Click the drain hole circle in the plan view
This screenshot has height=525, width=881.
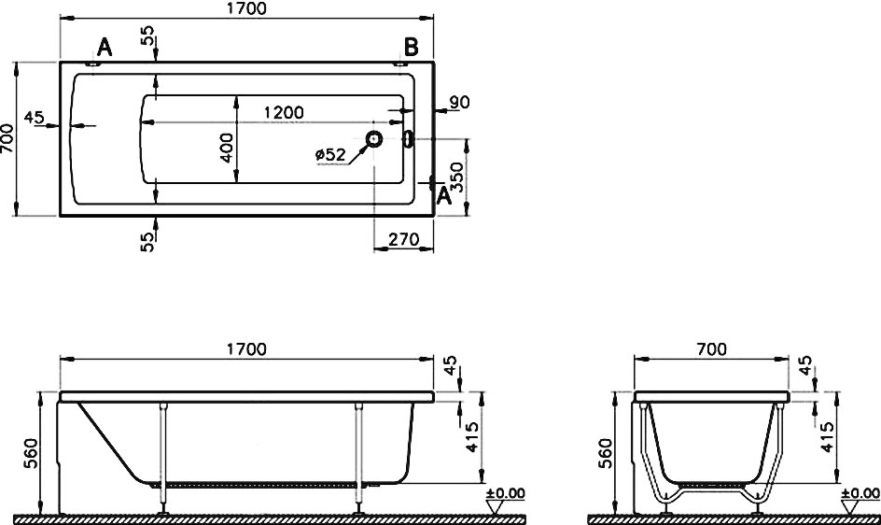[373, 138]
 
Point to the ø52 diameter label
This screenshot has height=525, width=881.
[331, 154]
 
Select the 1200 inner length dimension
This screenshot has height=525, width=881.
[284, 112]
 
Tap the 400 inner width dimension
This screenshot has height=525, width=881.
[226, 148]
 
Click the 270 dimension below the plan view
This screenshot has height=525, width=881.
[404, 240]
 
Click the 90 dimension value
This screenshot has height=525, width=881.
[459, 103]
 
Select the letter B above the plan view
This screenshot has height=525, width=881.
[412, 48]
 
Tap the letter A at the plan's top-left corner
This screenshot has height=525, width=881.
[105, 48]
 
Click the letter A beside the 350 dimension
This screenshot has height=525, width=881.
[444, 196]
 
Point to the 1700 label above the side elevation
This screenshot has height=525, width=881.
[246, 349]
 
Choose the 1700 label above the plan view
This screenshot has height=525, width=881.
[246, 9]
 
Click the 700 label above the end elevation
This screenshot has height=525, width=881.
[711, 349]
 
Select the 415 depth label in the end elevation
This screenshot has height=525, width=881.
[826, 437]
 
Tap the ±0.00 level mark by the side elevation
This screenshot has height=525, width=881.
[506, 494]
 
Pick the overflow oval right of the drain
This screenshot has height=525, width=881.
[409, 139]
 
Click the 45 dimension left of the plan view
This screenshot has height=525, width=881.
[34, 118]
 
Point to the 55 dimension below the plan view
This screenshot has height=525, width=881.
[147, 242]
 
